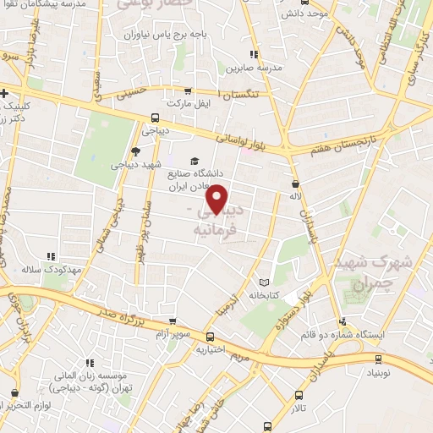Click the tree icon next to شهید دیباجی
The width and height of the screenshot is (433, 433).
pos(134,151)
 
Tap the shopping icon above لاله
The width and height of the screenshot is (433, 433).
pos(295,184)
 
